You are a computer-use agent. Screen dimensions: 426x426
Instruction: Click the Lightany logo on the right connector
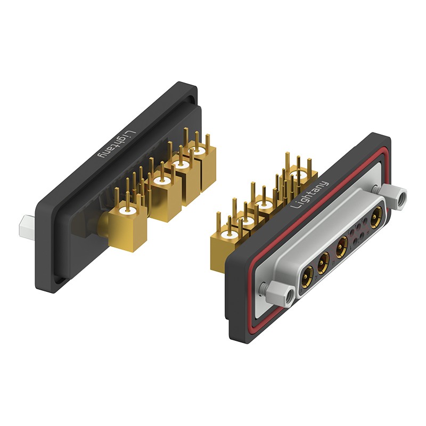coord(309,194)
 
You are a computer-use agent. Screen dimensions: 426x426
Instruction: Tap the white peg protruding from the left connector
coord(28,228)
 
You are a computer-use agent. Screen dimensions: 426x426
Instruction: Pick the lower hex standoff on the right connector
coord(281,292)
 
